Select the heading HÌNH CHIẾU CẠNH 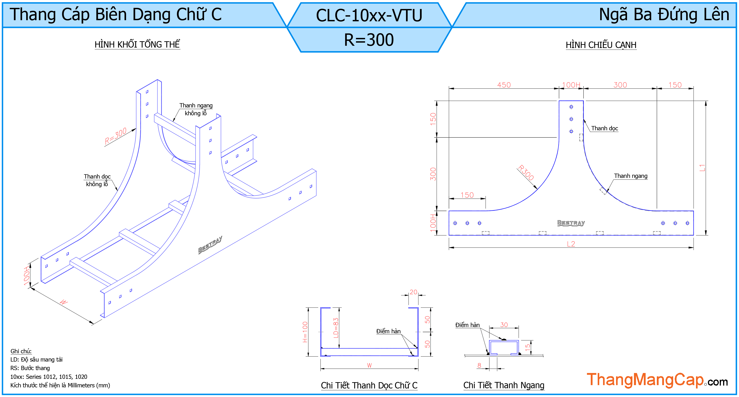coord(601,45)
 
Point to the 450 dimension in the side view coord(504,85)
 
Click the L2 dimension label coord(571,244)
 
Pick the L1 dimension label coord(702,168)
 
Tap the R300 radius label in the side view coord(526,173)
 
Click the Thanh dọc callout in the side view coord(604,128)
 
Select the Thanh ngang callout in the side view coord(631,176)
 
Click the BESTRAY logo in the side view coord(571,223)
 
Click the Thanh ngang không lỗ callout coord(196,109)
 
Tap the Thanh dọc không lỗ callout coord(97,180)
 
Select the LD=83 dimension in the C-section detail coord(336,328)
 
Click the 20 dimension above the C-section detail coord(413,292)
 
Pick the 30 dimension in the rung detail coord(504,325)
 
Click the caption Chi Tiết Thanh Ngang coord(504,385)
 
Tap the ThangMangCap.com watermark coord(657,380)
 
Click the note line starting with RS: coord(30,368)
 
